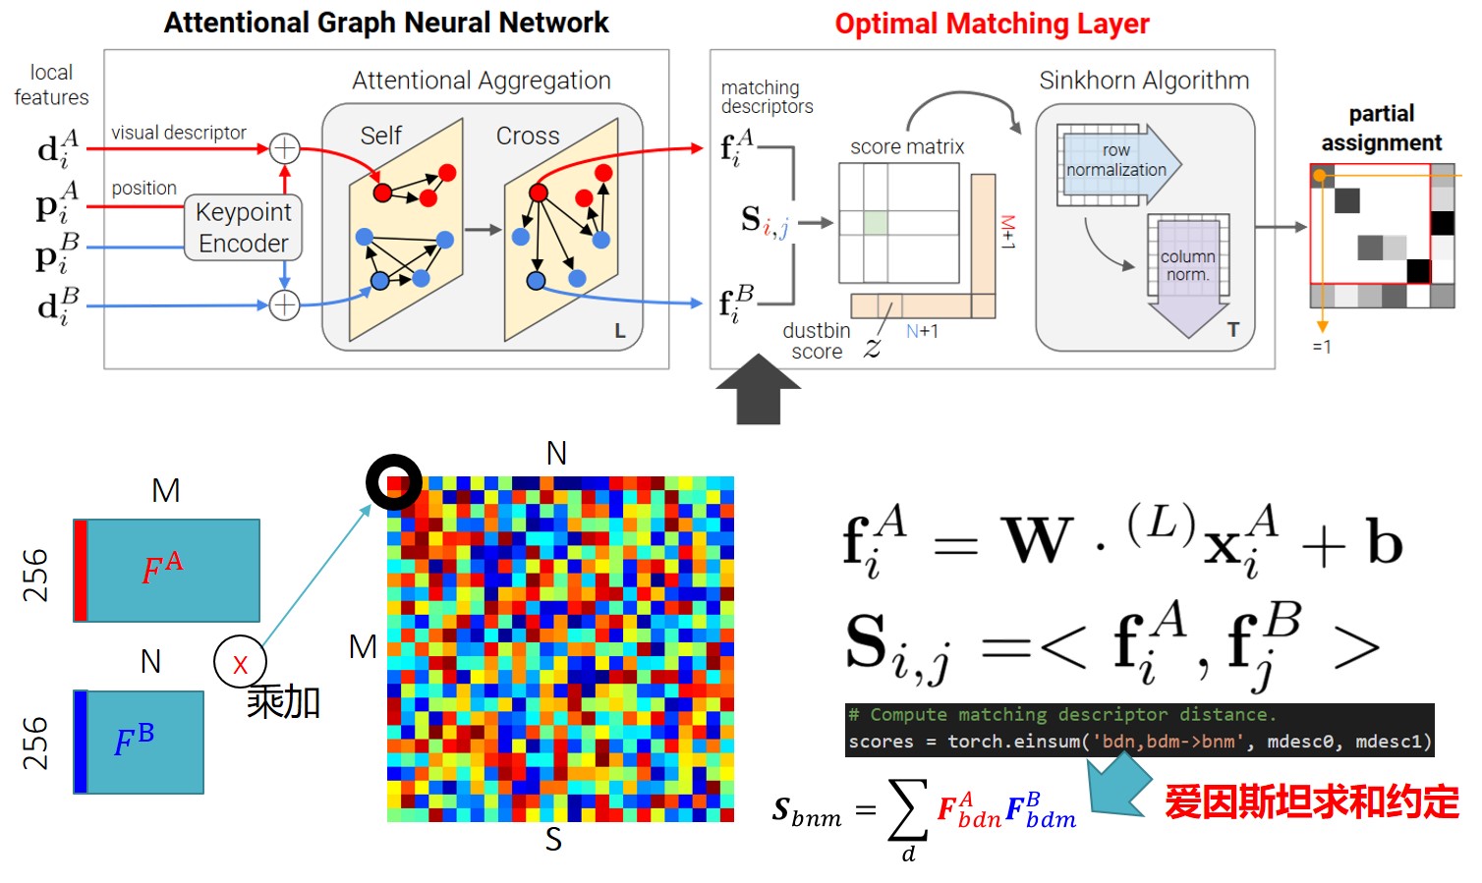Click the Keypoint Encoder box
point(243,227)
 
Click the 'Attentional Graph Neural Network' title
point(386,23)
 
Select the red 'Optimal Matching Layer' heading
point(992,24)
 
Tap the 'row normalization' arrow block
point(1117,162)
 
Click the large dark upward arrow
point(758,391)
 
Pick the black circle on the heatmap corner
point(394,482)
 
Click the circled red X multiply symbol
point(240,663)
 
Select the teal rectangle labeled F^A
point(167,571)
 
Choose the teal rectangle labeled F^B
point(140,743)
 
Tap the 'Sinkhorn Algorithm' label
point(1144,81)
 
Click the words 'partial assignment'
point(1381,129)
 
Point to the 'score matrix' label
point(907,147)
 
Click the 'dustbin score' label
point(817,341)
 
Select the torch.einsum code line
point(1139,742)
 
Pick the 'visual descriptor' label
point(179,133)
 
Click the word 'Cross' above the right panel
point(528,137)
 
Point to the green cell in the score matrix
point(876,222)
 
